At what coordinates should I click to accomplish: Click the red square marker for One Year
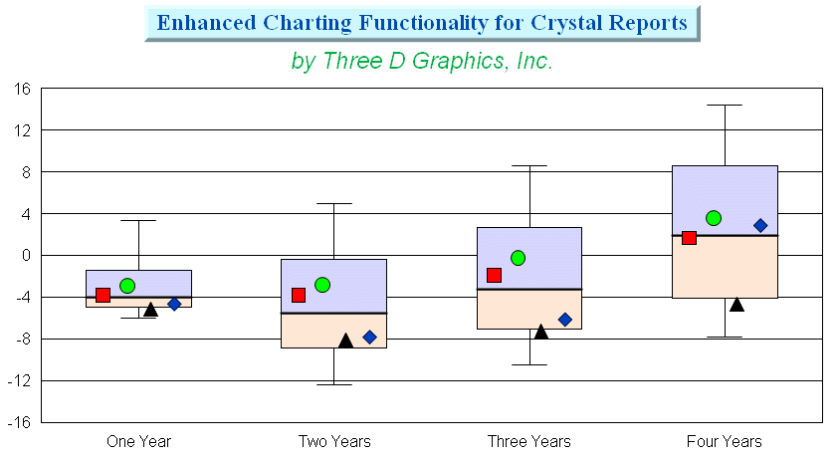104,295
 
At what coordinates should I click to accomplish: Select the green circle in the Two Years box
322,285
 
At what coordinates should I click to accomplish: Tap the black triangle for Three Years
541,332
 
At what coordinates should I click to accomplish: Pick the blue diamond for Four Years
760,226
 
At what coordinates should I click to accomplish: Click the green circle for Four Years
714,218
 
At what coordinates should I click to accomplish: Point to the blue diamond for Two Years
369,337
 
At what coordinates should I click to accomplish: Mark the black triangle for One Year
150,310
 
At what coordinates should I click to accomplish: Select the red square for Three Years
494,276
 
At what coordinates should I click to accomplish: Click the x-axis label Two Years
334,441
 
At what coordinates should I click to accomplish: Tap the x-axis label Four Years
725,441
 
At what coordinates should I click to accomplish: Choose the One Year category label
139,441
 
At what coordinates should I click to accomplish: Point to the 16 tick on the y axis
23,89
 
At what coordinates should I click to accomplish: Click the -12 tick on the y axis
19,381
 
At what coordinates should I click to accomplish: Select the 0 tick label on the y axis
26,255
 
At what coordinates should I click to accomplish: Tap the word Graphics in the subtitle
459,61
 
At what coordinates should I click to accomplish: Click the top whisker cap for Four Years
725,106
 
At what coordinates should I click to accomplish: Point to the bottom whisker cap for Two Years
334,384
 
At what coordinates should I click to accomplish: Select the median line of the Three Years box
529,290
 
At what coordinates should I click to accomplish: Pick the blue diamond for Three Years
565,320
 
